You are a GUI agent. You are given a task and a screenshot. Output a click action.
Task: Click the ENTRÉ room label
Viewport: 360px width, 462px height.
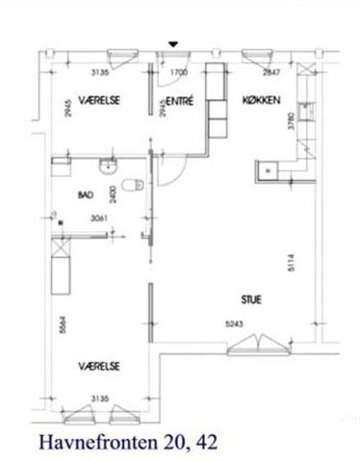tap(180, 101)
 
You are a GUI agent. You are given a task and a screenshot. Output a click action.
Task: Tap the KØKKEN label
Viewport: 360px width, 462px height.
tap(261, 100)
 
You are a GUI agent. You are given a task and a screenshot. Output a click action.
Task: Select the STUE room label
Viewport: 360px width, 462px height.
tap(251, 299)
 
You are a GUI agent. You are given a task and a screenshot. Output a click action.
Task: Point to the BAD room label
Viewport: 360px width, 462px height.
tap(86, 194)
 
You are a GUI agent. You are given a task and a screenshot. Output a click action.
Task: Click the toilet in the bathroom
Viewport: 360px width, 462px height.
tap(133, 185)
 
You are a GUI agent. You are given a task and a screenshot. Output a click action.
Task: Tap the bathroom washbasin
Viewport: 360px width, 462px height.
tap(108, 167)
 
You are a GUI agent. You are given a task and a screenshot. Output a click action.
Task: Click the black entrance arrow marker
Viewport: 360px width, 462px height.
tap(173, 44)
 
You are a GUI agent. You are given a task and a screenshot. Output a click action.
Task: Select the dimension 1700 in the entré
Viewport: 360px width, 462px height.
tap(179, 72)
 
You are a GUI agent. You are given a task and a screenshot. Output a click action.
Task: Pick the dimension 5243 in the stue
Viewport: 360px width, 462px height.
tap(234, 324)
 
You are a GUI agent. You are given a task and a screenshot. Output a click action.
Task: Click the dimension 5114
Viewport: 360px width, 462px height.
tap(291, 263)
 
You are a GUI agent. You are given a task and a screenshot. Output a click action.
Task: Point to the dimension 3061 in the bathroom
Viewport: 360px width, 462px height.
tap(99, 218)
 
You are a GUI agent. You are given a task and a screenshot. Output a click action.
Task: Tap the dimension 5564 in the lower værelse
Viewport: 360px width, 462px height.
tap(63, 325)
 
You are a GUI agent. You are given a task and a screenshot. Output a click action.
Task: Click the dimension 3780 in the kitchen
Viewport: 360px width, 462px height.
tap(291, 120)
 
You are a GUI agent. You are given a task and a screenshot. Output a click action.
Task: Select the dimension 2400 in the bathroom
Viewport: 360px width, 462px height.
tap(113, 194)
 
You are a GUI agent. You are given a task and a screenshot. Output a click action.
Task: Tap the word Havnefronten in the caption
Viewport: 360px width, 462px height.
tap(98, 442)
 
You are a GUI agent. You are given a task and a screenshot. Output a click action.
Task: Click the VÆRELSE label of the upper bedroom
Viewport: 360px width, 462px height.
tap(99, 100)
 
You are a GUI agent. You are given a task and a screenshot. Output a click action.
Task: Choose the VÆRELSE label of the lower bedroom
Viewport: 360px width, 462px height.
tap(99, 366)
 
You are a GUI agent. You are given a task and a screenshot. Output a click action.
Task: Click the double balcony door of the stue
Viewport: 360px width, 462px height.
tap(258, 346)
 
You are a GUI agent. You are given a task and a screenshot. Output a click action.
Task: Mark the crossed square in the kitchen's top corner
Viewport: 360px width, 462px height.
tap(306, 68)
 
